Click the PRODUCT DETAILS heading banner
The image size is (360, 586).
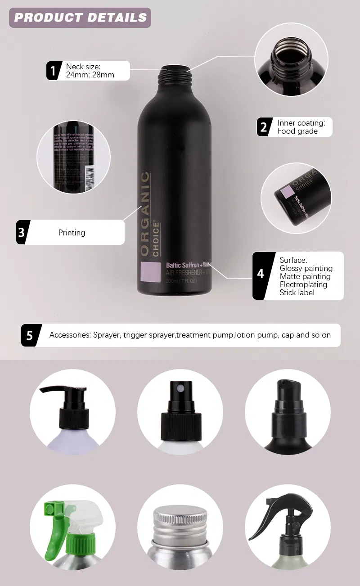[80, 18]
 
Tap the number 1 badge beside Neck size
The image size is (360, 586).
[54, 71]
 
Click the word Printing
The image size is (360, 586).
[72, 233]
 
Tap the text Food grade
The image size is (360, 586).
[297, 131]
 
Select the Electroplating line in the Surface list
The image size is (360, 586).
[303, 284]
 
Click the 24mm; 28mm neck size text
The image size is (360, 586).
[90, 75]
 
